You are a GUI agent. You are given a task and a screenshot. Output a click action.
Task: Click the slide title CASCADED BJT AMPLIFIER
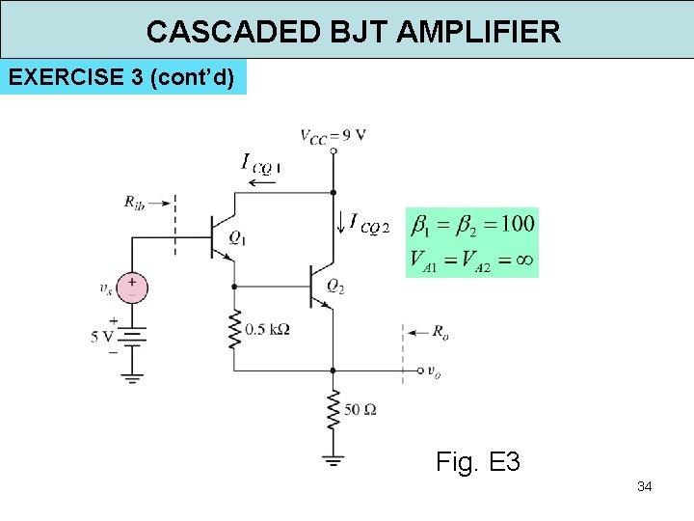(x=353, y=31)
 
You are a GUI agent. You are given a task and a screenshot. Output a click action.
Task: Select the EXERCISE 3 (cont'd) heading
(x=122, y=77)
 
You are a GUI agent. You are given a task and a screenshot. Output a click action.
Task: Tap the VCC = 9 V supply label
(x=333, y=135)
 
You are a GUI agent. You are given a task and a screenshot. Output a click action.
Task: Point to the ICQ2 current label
(x=369, y=225)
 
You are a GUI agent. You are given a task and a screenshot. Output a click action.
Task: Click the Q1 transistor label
(x=237, y=238)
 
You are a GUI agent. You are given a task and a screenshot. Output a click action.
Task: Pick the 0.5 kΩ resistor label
(x=268, y=329)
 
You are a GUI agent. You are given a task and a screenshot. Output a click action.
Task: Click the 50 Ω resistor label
(x=360, y=410)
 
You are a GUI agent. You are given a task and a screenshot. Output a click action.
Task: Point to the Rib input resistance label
(x=134, y=202)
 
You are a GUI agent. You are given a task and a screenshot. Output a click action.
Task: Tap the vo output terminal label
(x=436, y=372)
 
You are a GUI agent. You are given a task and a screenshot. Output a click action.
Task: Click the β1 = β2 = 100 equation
(x=472, y=225)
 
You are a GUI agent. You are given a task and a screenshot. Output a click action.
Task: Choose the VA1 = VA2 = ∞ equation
(x=472, y=260)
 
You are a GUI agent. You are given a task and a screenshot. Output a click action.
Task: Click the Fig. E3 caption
(x=478, y=462)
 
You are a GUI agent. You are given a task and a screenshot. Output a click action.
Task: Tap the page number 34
(x=644, y=486)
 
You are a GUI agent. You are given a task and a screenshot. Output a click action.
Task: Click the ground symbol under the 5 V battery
(x=132, y=378)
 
